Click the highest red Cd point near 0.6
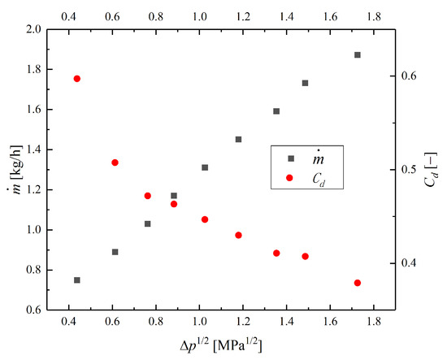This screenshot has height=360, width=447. (x=77, y=79)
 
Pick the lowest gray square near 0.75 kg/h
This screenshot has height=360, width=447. (x=77, y=280)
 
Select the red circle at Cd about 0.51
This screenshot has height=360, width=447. (x=115, y=163)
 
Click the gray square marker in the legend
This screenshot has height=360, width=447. (x=291, y=158)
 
